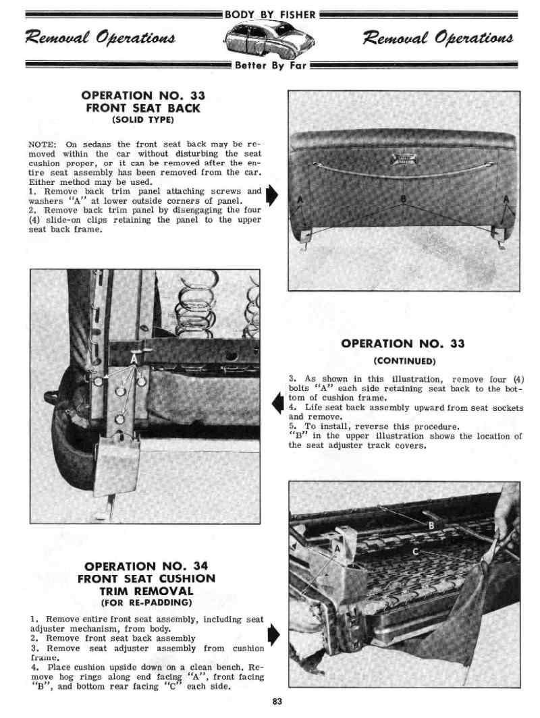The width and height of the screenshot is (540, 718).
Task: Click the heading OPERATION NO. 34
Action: (x=146, y=565)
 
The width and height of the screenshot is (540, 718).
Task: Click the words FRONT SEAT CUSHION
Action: (x=146, y=578)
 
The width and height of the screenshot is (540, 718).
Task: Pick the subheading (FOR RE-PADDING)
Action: (x=146, y=602)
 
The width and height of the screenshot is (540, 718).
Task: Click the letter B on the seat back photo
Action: (x=404, y=198)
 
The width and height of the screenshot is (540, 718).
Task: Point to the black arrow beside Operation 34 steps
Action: (x=272, y=634)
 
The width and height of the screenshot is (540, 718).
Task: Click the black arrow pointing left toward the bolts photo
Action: (x=276, y=404)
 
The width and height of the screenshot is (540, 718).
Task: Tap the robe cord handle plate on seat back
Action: (x=403, y=159)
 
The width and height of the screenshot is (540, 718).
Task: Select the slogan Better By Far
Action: (x=270, y=66)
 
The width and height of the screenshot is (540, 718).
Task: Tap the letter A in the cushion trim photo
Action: (x=335, y=548)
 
